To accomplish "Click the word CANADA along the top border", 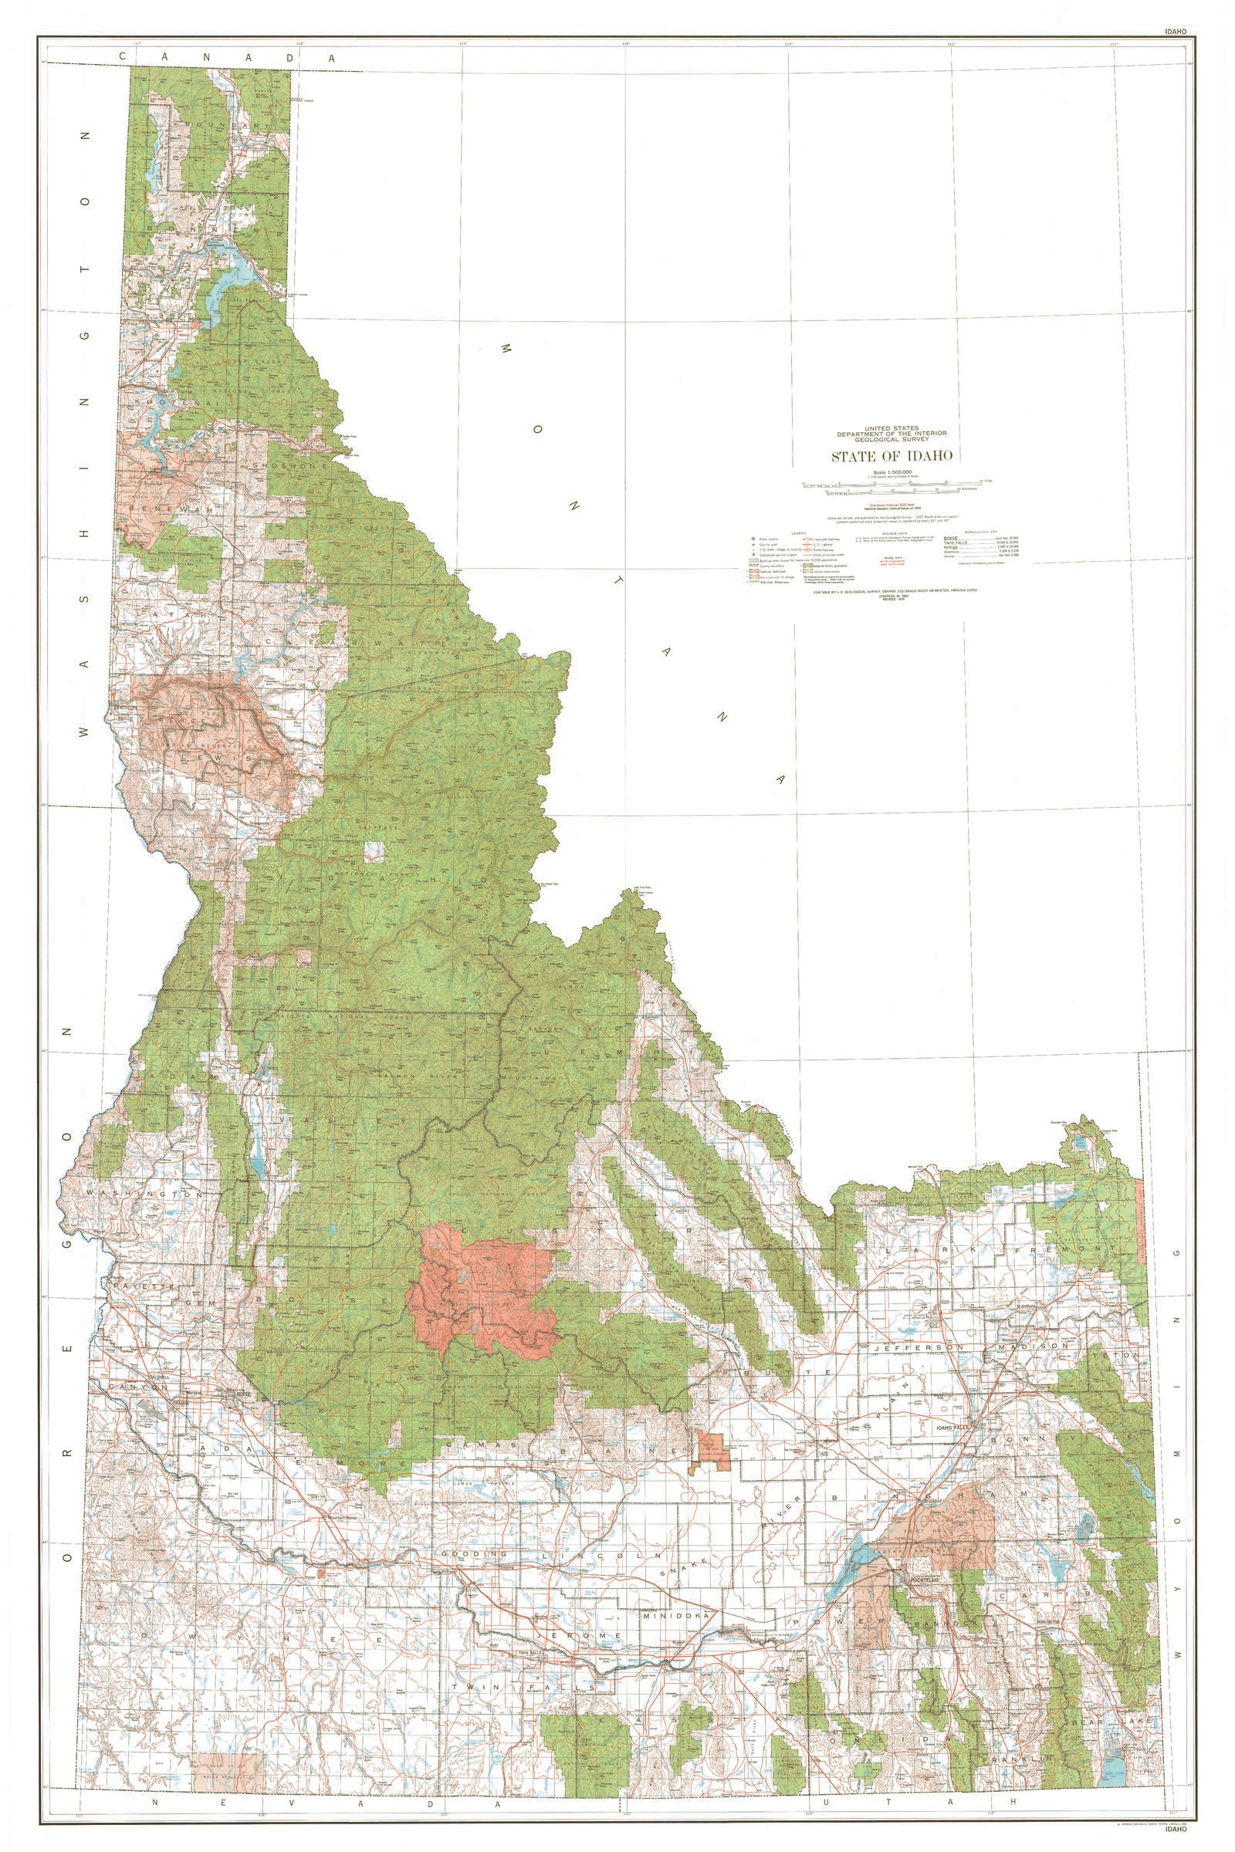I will tap(227, 57).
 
